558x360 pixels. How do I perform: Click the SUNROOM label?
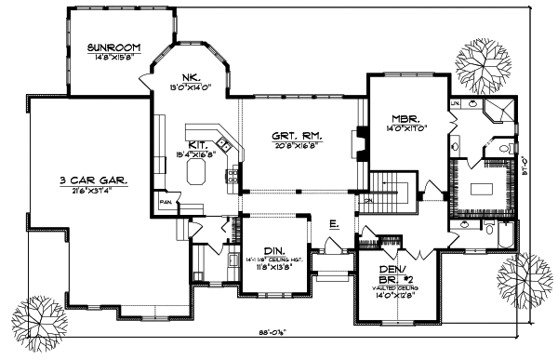click(113, 47)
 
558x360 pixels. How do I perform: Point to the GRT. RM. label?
click(297, 134)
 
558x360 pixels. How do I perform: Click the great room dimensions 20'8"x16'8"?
click(298, 145)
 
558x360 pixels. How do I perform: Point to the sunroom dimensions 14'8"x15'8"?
click(113, 57)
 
